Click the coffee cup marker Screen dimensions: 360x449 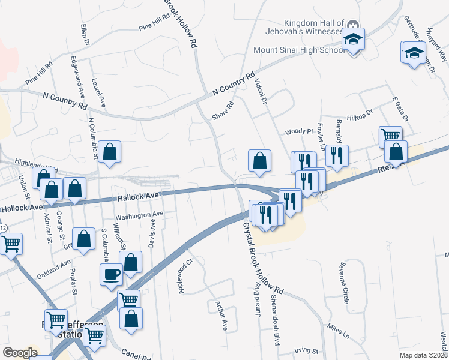(x=111, y=274)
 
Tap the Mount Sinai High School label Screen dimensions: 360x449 (x=300, y=50)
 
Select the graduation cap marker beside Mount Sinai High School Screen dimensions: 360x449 (x=354, y=40)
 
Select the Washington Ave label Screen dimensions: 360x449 (x=139, y=214)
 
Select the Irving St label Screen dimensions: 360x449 (x=306, y=350)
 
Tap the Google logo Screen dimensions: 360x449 (x=19, y=352)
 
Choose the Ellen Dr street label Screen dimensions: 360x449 (x=85, y=35)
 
